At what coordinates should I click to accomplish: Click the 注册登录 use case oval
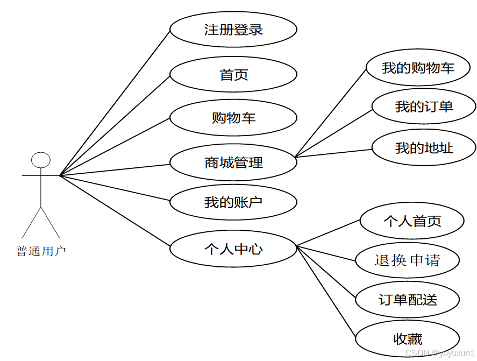233,30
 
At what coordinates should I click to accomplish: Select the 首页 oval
233,75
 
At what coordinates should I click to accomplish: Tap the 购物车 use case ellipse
233,117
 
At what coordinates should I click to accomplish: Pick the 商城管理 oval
233,162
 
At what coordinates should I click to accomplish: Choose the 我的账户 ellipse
233,203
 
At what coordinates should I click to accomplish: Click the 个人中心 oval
233,249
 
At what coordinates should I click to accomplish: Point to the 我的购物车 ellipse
418,68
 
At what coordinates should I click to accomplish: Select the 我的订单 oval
424,107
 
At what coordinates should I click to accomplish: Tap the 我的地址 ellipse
424,147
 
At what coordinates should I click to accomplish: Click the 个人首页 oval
412,221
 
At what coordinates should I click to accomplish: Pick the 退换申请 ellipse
407,260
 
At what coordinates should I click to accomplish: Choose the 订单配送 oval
408,300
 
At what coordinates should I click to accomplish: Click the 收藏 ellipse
408,339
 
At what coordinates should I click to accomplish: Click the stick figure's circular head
41,160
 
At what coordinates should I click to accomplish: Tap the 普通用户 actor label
41,251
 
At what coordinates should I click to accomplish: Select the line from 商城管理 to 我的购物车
331,112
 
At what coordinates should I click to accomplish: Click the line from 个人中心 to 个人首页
328,233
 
